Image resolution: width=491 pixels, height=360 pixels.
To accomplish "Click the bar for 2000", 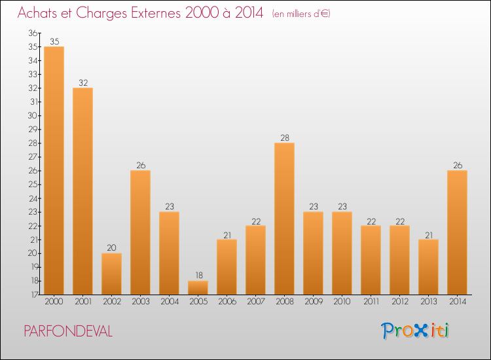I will [x=54, y=170].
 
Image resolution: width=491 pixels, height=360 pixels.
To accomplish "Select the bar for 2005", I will [x=198, y=287].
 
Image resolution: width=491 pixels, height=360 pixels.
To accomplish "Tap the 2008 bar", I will [x=284, y=219].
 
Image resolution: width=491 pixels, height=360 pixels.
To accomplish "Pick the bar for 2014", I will [x=457, y=232].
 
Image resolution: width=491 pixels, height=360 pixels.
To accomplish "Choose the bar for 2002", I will [x=111, y=274].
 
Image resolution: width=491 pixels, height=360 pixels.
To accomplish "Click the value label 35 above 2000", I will [x=54, y=41].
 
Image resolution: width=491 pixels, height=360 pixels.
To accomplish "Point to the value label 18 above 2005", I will [x=198, y=276].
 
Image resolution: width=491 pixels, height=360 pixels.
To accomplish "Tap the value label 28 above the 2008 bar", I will [x=284, y=137].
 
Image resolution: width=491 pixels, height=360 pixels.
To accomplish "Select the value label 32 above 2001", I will [x=82, y=82].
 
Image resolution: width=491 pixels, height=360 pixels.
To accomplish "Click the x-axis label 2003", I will [x=140, y=302].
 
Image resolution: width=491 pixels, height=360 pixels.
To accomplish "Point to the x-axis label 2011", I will [x=371, y=302].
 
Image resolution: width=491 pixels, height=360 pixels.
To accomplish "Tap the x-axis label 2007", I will [x=255, y=302].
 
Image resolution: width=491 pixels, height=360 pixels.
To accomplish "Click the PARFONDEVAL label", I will [x=68, y=331].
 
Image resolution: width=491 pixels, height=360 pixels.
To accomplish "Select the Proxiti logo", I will [x=415, y=331].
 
